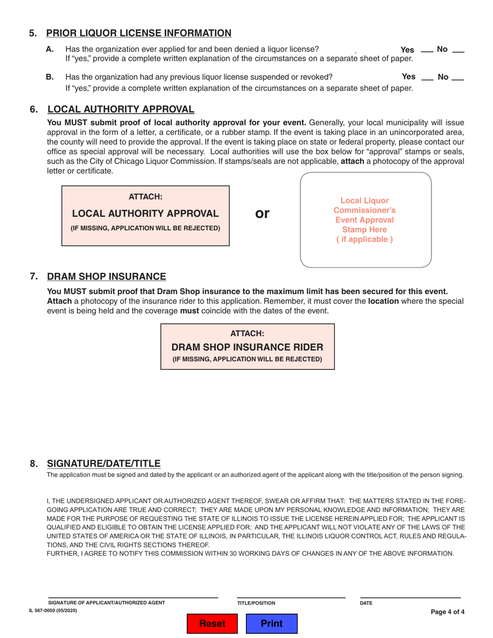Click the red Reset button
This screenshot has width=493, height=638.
[212, 623]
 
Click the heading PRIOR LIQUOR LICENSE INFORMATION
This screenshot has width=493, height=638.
[139, 33]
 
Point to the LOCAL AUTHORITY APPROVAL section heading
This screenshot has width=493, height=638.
[121, 109]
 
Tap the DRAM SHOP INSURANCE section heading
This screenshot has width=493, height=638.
[106, 276]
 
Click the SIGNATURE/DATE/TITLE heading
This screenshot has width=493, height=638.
[104, 463]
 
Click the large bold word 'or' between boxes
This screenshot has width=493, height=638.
[263, 213]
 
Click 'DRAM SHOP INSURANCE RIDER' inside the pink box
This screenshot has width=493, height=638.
[247, 347]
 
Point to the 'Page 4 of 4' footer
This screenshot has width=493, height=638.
[447, 612]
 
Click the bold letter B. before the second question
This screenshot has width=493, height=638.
[50, 77]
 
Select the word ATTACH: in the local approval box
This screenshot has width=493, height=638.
[145, 197]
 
